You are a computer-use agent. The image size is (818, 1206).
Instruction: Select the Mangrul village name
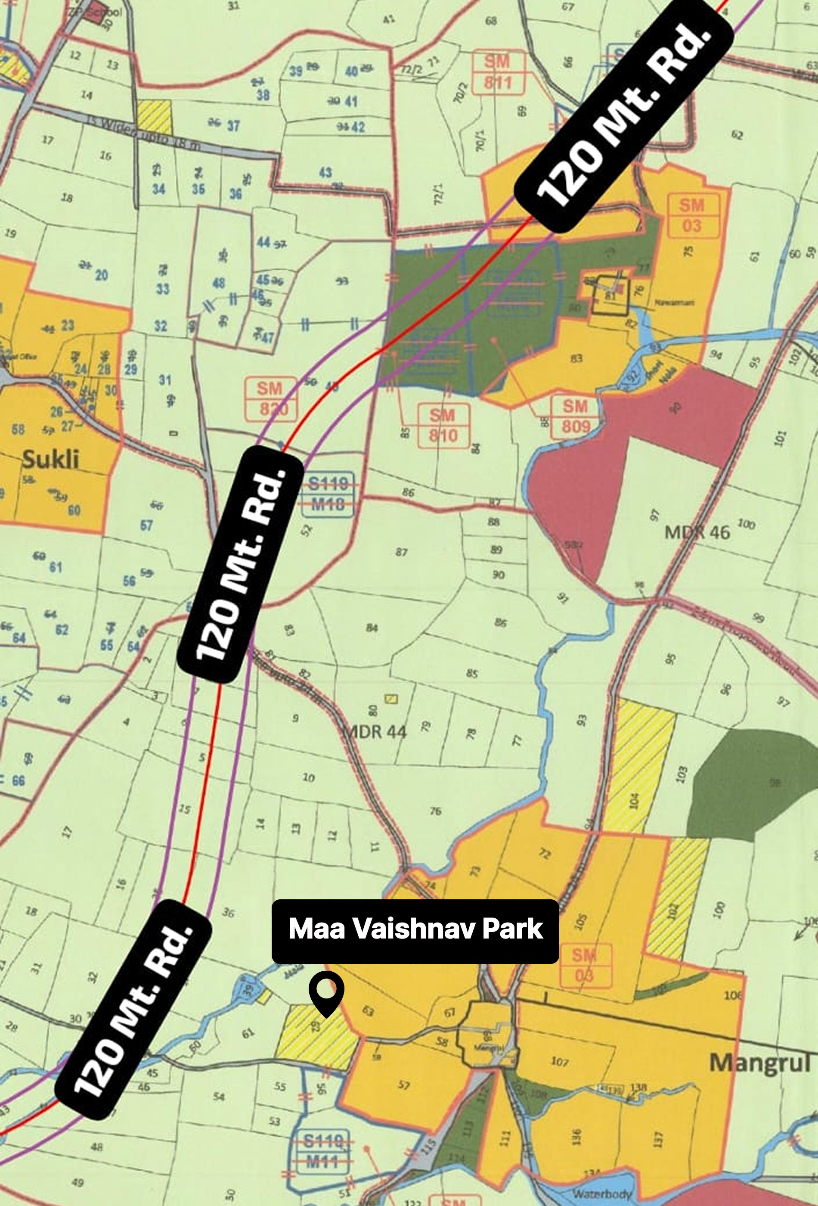click(759, 1062)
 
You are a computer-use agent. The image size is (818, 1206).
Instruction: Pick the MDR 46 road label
click(697, 532)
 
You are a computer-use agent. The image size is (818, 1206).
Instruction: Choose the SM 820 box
click(270, 398)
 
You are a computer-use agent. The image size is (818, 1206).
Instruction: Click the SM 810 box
click(443, 425)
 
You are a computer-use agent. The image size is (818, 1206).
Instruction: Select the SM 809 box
click(575, 416)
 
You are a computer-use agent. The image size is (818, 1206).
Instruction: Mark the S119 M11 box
click(322, 1151)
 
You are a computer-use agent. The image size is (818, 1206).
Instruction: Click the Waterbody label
click(602, 1193)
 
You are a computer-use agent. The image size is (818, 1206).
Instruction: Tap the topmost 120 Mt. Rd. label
click(624, 116)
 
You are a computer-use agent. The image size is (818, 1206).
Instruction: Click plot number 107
click(560, 1061)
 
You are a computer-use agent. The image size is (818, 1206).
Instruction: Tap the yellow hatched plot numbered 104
click(635, 801)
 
